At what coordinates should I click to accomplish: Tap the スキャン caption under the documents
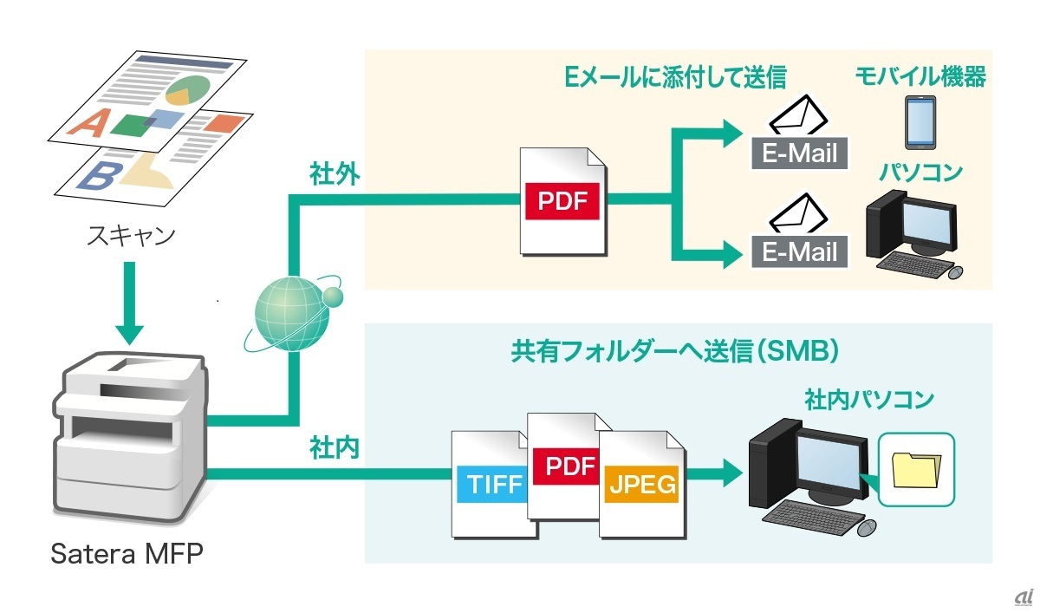(x=129, y=235)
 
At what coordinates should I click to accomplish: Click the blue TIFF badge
(x=491, y=484)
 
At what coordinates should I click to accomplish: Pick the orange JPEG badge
(x=641, y=484)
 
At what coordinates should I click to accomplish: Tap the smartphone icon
(x=920, y=123)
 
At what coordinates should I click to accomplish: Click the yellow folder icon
(x=915, y=471)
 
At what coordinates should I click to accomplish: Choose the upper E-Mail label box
(x=799, y=153)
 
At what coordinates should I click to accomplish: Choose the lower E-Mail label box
(x=799, y=251)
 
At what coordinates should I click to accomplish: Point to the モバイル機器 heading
(x=920, y=77)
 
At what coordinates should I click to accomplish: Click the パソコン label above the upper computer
(x=920, y=173)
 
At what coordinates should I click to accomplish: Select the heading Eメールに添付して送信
(x=675, y=77)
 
